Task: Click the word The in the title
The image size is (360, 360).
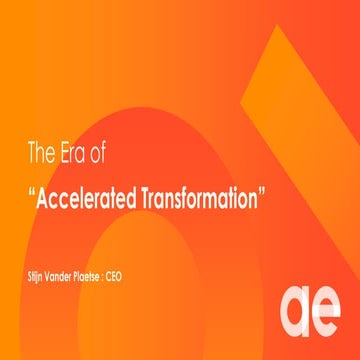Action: [x=40, y=156]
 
